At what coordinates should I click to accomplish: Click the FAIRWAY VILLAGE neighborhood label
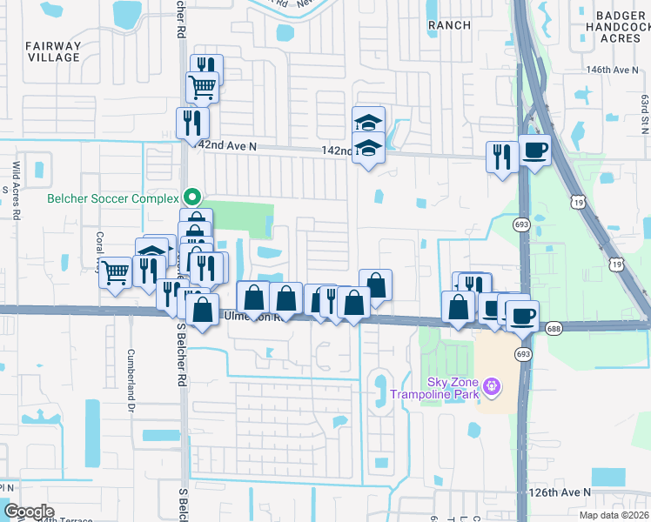tap(52, 51)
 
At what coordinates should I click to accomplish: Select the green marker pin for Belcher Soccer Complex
tap(196, 196)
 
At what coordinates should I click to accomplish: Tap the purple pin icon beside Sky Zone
tap(493, 384)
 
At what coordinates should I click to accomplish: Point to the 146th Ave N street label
tap(613, 69)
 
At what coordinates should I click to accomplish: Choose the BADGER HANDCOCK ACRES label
tap(619, 27)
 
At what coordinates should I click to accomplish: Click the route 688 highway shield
tap(554, 328)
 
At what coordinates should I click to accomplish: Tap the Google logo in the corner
tap(30, 512)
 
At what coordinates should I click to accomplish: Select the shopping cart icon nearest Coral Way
tap(115, 273)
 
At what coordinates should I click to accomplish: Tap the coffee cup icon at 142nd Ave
tap(534, 150)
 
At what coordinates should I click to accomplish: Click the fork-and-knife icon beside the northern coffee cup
tap(501, 156)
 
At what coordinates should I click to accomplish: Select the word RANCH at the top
tap(449, 25)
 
